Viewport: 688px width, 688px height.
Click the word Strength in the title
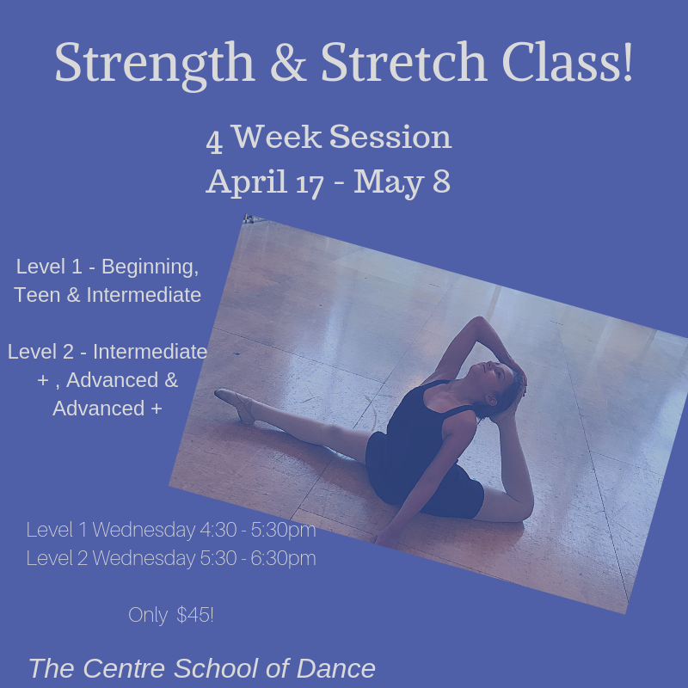[155, 64]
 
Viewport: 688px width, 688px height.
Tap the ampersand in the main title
[288, 62]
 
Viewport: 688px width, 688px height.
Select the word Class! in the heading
[568, 62]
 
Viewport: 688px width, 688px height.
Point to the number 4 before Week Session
[214, 141]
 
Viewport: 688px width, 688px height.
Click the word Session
[390, 137]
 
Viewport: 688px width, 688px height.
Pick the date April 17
[265, 181]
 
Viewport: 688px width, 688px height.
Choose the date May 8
[402, 181]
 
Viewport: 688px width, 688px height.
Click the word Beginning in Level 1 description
[150, 267]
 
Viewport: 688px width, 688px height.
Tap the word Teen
[37, 295]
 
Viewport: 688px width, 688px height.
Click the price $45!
[195, 615]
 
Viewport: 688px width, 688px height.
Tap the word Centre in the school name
[124, 668]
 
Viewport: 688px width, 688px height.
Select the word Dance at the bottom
[335, 668]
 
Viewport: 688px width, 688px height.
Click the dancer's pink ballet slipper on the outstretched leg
[235, 404]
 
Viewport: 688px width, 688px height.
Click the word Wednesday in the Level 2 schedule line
[144, 558]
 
